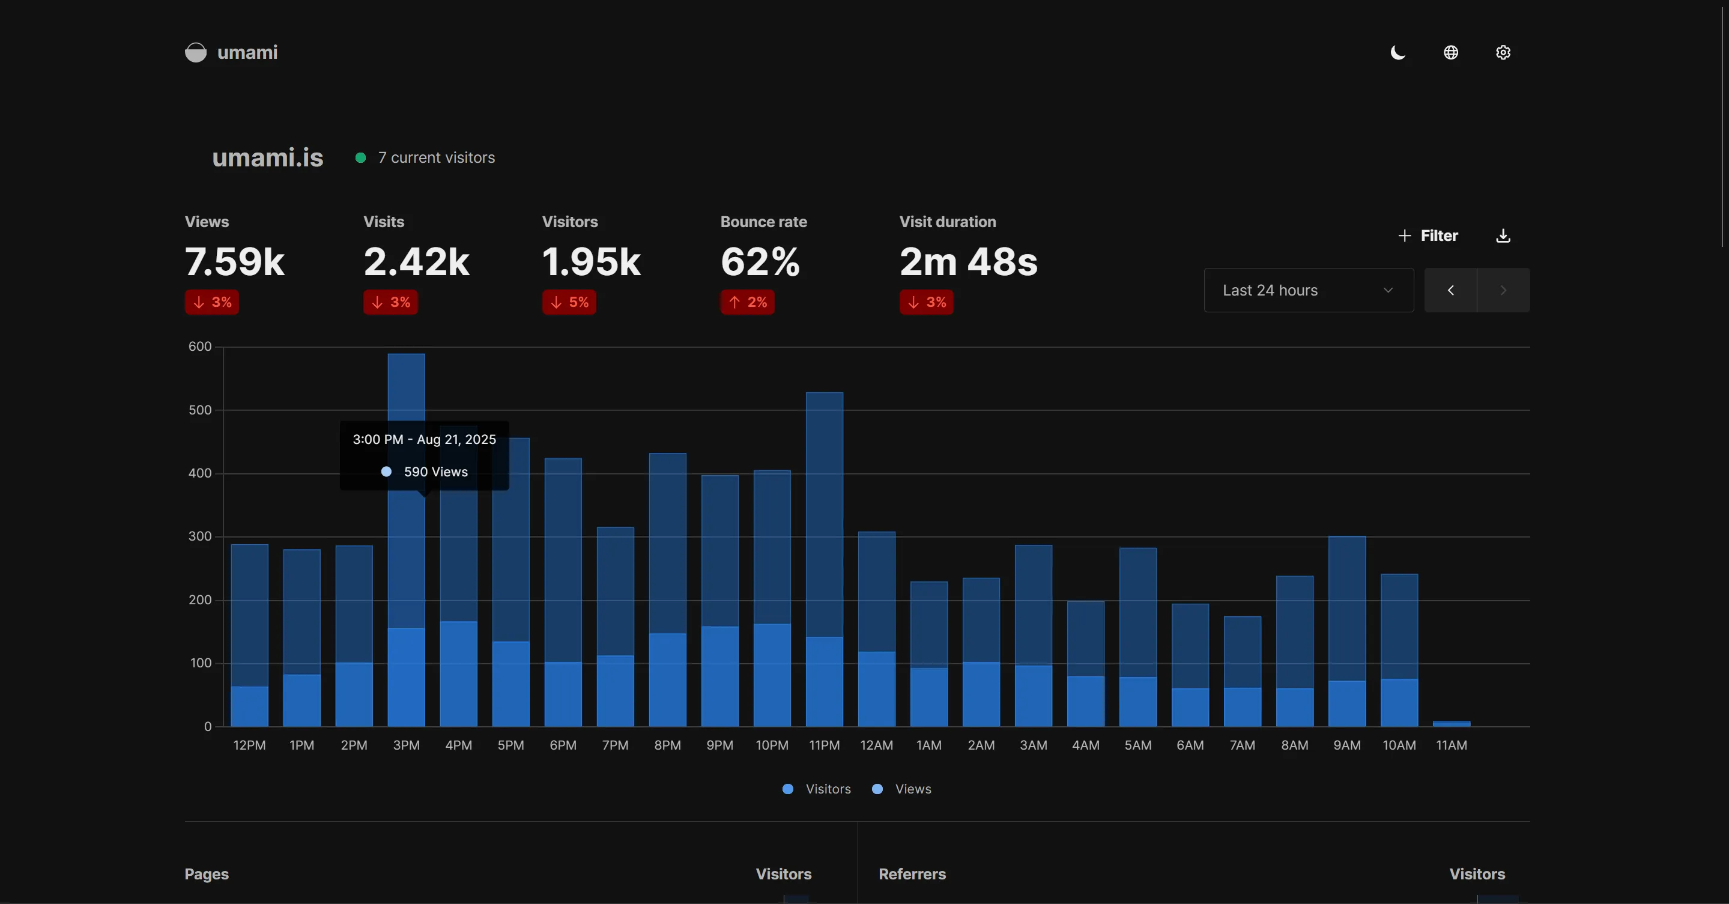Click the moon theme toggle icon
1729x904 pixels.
tap(1398, 52)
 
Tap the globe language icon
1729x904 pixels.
tap(1450, 52)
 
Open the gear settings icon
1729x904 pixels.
tap(1503, 52)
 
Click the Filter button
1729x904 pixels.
tap(1428, 235)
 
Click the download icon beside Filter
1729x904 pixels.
tap(1503, 235)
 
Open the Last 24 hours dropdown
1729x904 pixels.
tap(1308, 290)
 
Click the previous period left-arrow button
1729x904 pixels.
tap(1450, 290)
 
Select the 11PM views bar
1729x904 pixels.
tap(824, 510)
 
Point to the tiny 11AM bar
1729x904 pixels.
tap(1451, 723)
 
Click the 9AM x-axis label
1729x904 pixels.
tap(1346, 745)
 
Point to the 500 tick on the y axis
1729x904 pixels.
tap(200, 410)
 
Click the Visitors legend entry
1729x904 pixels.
tap(817, 789)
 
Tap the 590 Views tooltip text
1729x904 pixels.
tap(435, 472)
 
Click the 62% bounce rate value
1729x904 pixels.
tap(760, 261)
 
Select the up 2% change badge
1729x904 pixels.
tap(747, 302)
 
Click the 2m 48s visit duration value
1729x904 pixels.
tap(968, 261)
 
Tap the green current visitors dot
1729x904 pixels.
tap(360, 158)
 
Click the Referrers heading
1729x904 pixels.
tap(912, 874)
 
